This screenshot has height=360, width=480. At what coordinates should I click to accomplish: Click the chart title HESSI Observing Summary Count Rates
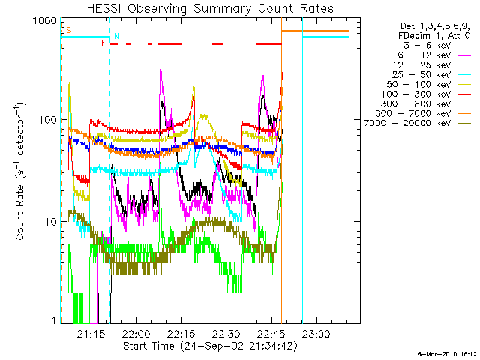[210, 10]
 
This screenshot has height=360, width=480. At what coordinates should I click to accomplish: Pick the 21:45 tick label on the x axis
[91, 334]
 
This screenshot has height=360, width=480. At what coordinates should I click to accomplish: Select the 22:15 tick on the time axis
[181, 334]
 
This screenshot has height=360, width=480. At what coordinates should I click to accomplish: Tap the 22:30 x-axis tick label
[226, 334]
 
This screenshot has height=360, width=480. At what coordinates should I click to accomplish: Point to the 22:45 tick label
[271, 334]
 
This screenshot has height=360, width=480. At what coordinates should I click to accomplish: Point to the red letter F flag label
[103, 43]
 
